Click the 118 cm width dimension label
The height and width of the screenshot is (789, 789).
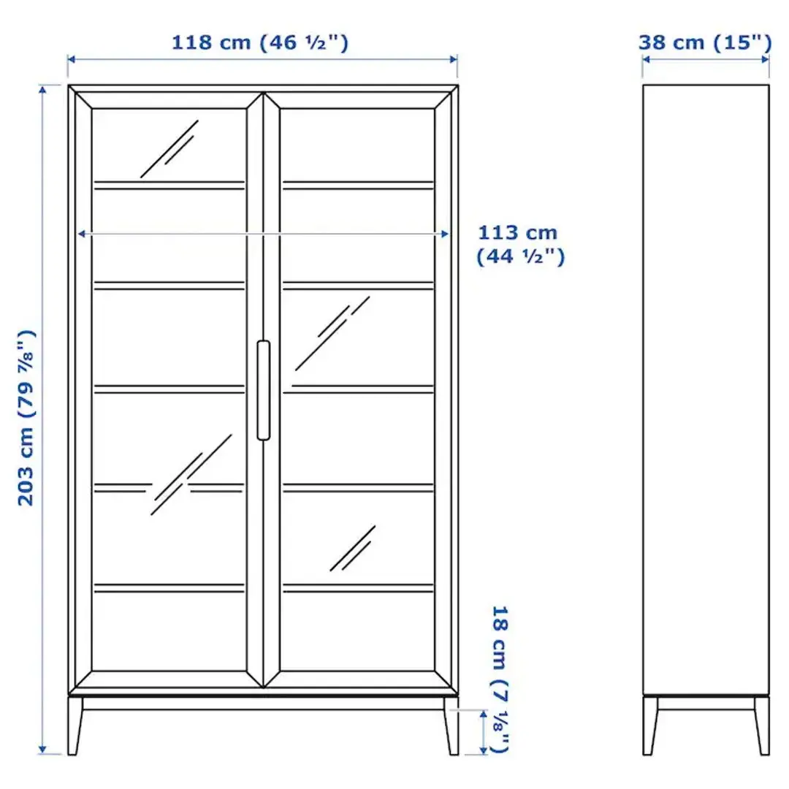pos(259,42)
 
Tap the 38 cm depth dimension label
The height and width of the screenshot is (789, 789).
pos(704,42)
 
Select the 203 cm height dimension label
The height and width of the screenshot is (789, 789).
pos(27,417)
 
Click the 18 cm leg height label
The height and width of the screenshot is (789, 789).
pos(500,679)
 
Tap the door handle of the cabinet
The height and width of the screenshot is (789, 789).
pos(263,390)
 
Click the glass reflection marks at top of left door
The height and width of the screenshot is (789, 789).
pos(169,149)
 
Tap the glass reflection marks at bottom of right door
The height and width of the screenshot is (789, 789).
pos(352,549)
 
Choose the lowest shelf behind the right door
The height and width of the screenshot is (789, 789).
pos(358,587)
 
